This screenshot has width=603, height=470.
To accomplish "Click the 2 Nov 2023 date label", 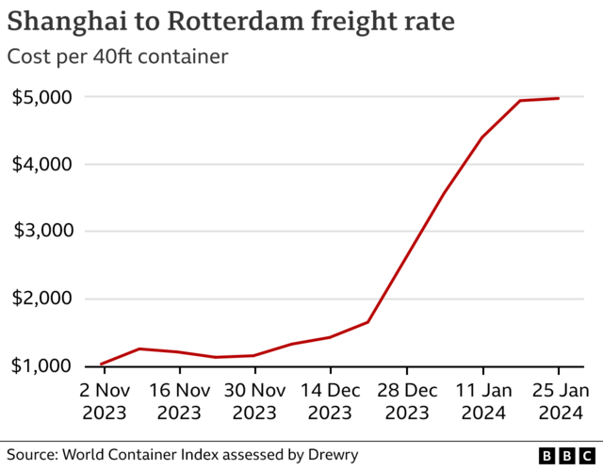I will click(x=103, y=400).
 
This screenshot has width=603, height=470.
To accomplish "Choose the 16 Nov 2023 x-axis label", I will click(x=179, y=400).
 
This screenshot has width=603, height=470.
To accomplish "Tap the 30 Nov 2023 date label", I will click(x=254, y=400).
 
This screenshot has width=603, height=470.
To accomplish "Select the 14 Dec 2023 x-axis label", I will click(x=331, y=400).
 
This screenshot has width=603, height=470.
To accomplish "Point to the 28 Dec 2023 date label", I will click(x=407, y=400).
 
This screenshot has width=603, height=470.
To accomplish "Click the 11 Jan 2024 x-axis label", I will click(x=482, y=400).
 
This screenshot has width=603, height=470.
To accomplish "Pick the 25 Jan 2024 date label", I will click(x=559, y=400).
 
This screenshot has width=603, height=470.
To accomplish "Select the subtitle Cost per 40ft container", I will click(x=118, y=57).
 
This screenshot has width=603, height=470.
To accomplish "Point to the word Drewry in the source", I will click(x=332, y=455).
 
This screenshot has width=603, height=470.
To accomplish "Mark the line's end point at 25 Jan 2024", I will click(x=559, y=98).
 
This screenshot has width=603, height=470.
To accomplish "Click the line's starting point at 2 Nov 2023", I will click(x=102, y=364).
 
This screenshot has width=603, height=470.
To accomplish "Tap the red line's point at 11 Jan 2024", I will click(x=482, y=138).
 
